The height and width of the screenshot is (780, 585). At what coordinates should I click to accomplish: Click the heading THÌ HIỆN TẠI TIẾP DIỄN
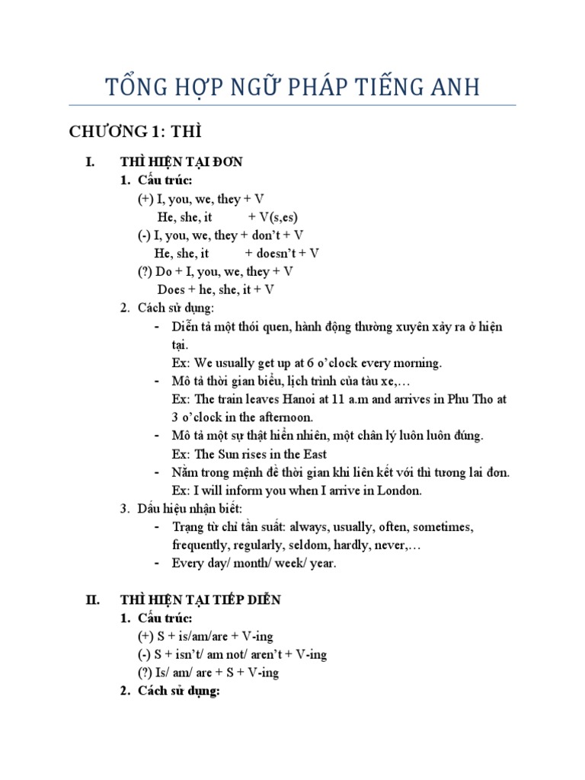(x=200, y=599)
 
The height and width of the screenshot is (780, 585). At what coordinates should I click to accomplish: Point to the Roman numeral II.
(x=92, y=599)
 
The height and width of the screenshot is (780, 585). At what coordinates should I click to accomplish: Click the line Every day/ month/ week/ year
(x=254, y=564)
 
